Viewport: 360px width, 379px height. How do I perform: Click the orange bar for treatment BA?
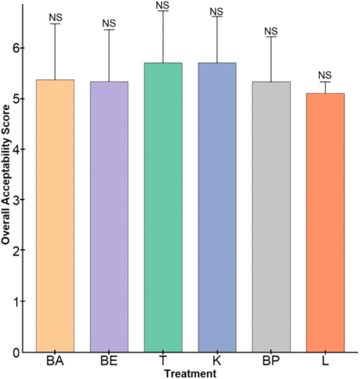pyautogui.click(x=55, y=215)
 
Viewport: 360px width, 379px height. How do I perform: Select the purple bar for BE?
pyautogui.click(x=109, y=217)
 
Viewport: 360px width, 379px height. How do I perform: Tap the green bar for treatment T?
pyautogui.click(x=163, y=207)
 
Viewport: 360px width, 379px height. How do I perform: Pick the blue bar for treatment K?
pyautogui.click(x=217, y=207)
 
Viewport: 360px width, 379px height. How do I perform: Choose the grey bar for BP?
pyautogui.click(x=271, y=217)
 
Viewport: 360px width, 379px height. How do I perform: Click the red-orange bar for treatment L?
pyautogui.click(x=325, y=223)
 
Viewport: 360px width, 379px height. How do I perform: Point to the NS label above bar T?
pyautogui.click(x=163, y=6)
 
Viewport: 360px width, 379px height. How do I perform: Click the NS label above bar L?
pyautogui.click(x=325, y=75)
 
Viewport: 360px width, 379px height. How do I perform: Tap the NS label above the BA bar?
pyautogui.click(x=56, y=18)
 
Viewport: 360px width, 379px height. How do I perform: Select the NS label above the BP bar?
pyautogui.click(x=271, y=31)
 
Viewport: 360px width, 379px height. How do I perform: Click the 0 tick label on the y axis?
pyautogui.click(x=16, y=353)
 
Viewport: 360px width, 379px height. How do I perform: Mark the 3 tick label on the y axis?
pyautogui.click(x=16, y=200)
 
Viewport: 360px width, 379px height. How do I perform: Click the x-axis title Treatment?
pyautogui.click(x=191, y=374)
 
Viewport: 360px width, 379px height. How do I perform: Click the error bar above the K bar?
pyautogui.click(x=217, y=40)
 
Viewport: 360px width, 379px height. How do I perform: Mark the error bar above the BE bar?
pyautogui.click(x=109, y=56)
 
